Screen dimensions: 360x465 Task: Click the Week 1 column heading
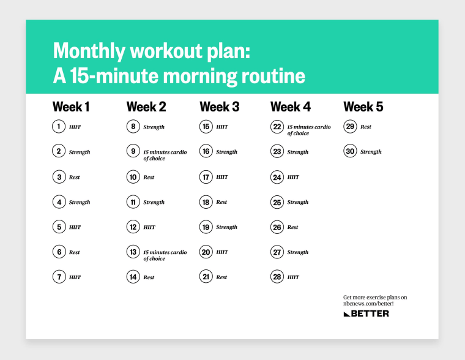click(x=71, y=107)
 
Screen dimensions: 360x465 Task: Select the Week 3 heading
click(x=219, y=107)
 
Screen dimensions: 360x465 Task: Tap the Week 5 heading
click(x=363, y=107)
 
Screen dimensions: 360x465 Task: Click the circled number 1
click(x=59, y=127)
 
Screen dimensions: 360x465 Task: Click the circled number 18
click(x=206, y=202)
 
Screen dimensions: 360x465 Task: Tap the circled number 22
click(x=277, y=127)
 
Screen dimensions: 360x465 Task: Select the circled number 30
click(x=350, y=152)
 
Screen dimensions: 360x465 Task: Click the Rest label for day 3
click(x=75, y=178)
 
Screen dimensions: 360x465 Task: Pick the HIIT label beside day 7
click(x=75, y=277)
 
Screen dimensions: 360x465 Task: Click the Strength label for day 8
click(x=154, y=127)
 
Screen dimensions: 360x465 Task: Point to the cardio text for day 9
click(x=165, y=155)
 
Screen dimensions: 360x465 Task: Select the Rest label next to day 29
click(x=366, y=127)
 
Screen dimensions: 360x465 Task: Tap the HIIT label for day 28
click(x=293, y=277)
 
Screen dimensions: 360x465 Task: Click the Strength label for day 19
click(x=226, y=227)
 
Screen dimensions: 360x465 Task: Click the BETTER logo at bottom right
click(x=366, y=313)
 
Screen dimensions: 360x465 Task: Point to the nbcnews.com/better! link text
click(x=368, y=304)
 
